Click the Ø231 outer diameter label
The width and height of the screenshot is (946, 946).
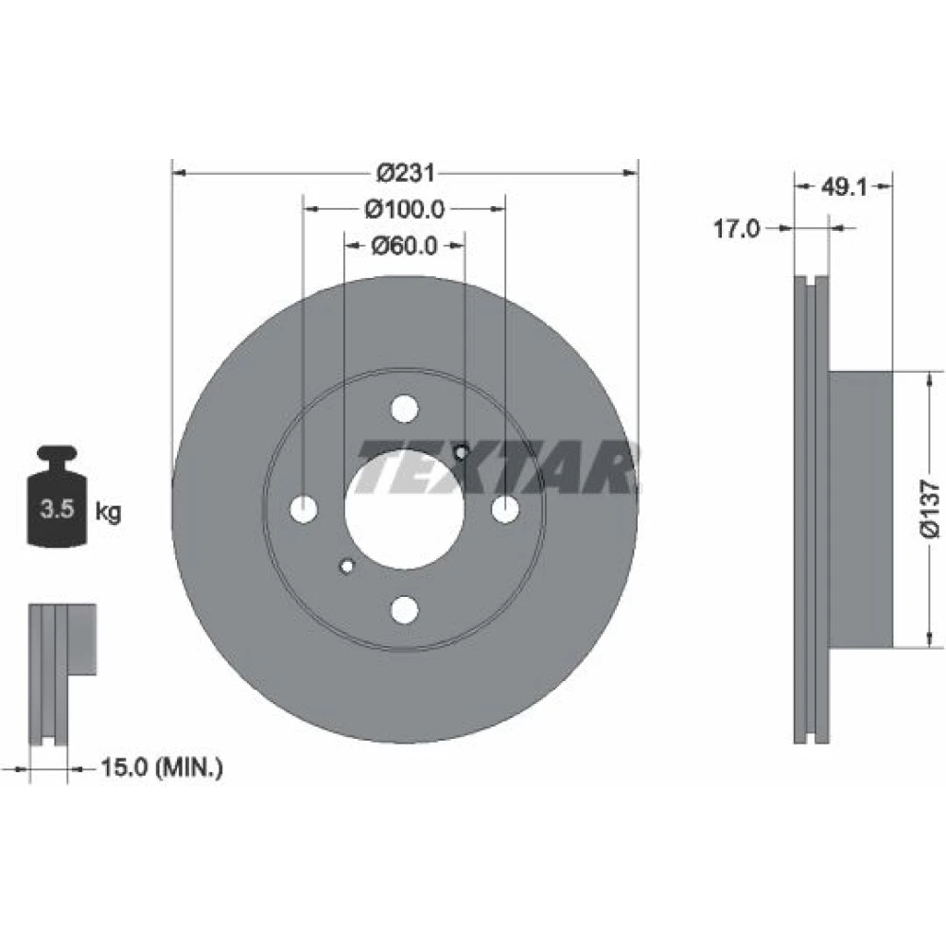tap(405, 173)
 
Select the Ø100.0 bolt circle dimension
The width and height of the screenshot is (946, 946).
tap(405, 209)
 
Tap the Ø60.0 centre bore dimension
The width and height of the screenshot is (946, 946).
tap(404, 246)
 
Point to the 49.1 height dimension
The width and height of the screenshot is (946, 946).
tap(844, 187)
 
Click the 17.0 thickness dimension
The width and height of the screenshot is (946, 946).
tap(737, 229)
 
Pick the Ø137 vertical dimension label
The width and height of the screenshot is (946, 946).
tap(930, 509)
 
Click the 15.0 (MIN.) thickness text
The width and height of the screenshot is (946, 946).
tap(162, 768)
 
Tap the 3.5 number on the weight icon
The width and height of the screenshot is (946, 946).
tap(57, 509)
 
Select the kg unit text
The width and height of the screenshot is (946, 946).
tap(109, 512)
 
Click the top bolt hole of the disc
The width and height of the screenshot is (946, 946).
tap(404, 409)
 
